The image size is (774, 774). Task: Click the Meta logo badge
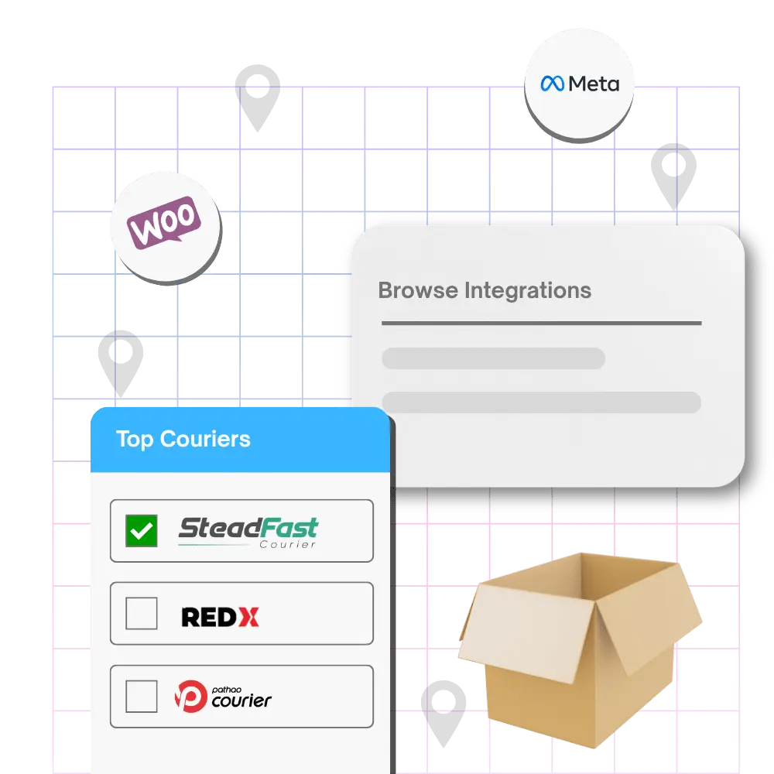tap(579, 84)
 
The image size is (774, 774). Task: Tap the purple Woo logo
tap(164, 221)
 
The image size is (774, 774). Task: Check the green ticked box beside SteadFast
tap(141, 531)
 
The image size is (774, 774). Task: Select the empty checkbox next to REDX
tap(141, 613)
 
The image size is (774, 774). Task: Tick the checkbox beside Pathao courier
tap(141, 696)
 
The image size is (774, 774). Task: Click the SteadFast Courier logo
tap(248, 533)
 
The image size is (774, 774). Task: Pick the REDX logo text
tap(220, 617)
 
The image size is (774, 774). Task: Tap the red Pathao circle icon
tap(191, 696)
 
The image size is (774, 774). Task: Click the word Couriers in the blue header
tap(205, 439)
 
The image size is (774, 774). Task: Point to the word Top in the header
tap(135, 440)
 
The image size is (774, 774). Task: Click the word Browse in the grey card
tap(418, 290)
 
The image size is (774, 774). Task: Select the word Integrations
tap(528, 291)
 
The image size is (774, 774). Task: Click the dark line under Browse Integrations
tap(542, 324)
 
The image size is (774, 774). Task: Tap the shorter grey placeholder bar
tap(494, 358)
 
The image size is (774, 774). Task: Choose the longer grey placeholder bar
tap(542, 402)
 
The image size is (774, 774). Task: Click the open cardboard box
tap(580, 649)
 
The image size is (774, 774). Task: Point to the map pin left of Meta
tap(257, 98)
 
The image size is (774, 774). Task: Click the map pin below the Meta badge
tap(674, 176)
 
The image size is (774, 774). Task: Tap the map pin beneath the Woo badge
tap(121, 363)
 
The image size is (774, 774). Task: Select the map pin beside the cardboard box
tap(444, 714)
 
